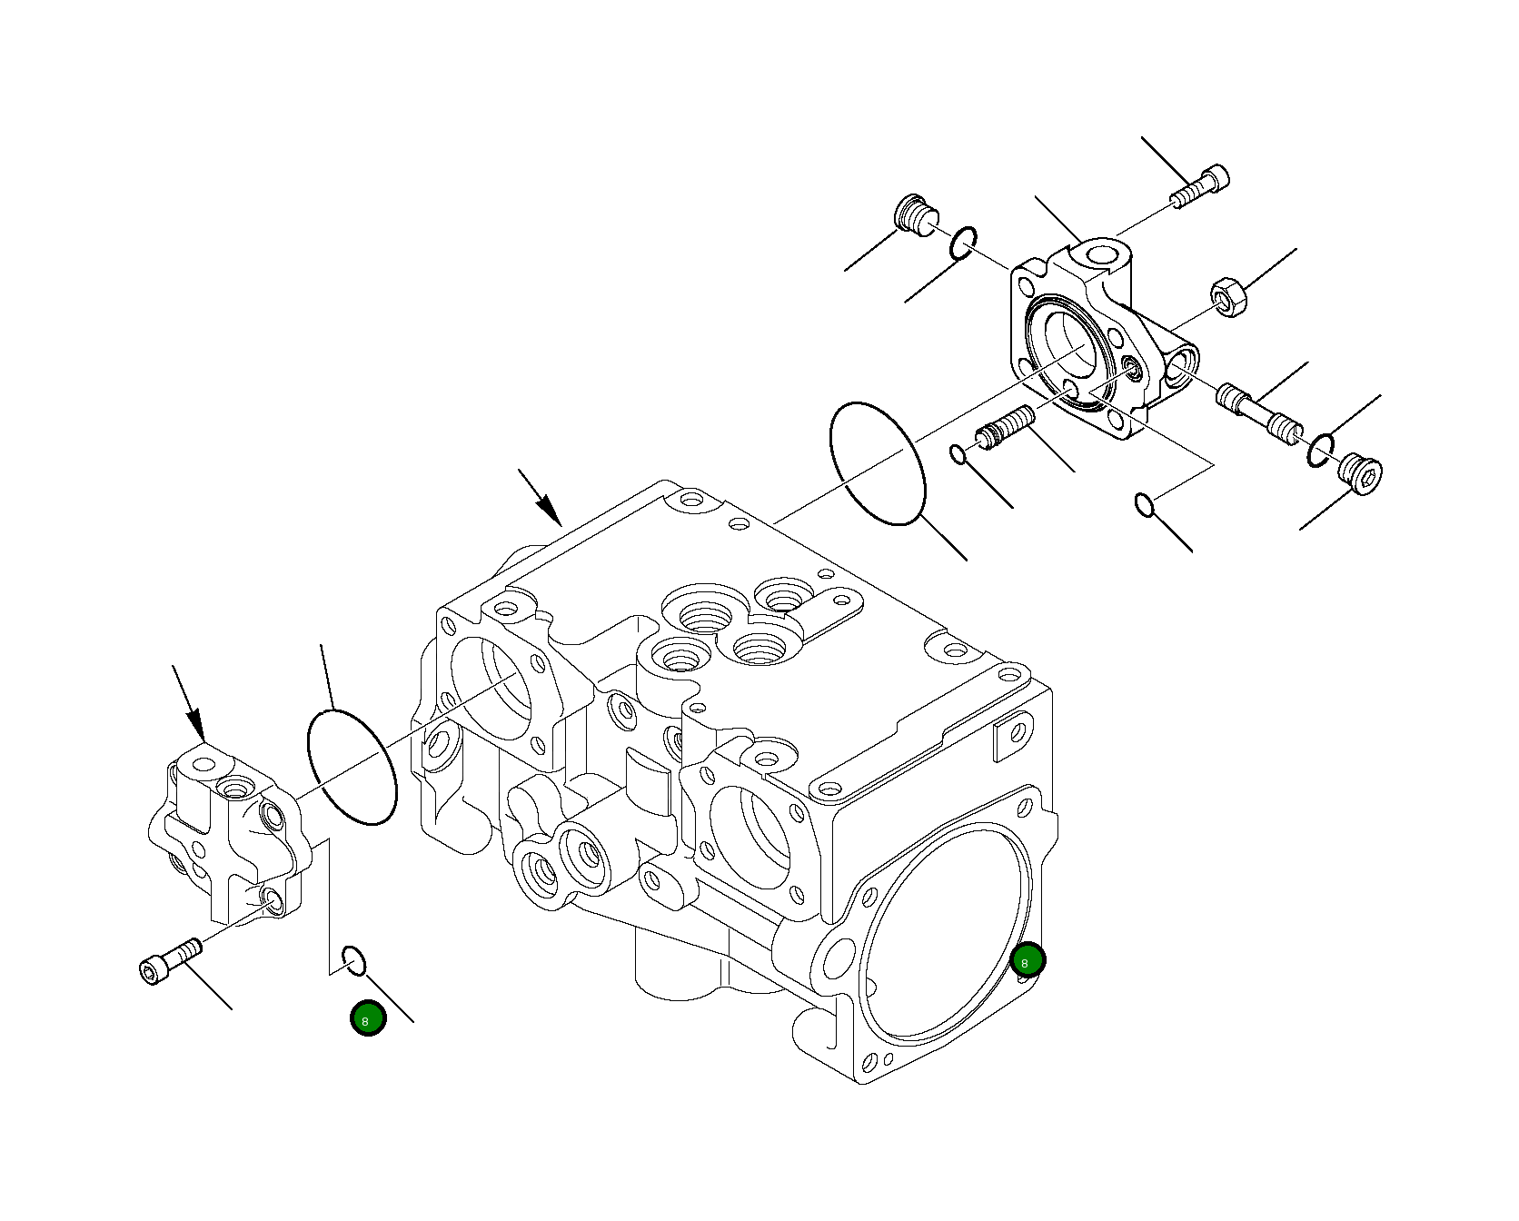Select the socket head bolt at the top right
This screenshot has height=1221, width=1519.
(x=1201, y=186)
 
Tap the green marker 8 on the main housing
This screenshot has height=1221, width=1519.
(x=1028, y=960)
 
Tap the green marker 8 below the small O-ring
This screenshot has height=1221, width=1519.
(x=368, y=1018)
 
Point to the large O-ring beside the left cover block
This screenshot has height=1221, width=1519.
(x=352, y=768)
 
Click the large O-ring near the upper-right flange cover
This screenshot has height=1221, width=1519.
(x=878, y=463)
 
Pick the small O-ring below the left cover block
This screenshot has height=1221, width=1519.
(x=353, y=960)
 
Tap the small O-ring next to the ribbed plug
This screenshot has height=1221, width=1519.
(x=964, y=243)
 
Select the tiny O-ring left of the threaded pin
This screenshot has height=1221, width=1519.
(x=958, y=453)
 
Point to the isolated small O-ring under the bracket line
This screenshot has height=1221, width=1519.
(x=1145, y=504)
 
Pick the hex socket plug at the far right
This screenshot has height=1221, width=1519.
(x=1360, y=473)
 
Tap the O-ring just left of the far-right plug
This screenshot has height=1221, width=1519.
(x=1321, y=450)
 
